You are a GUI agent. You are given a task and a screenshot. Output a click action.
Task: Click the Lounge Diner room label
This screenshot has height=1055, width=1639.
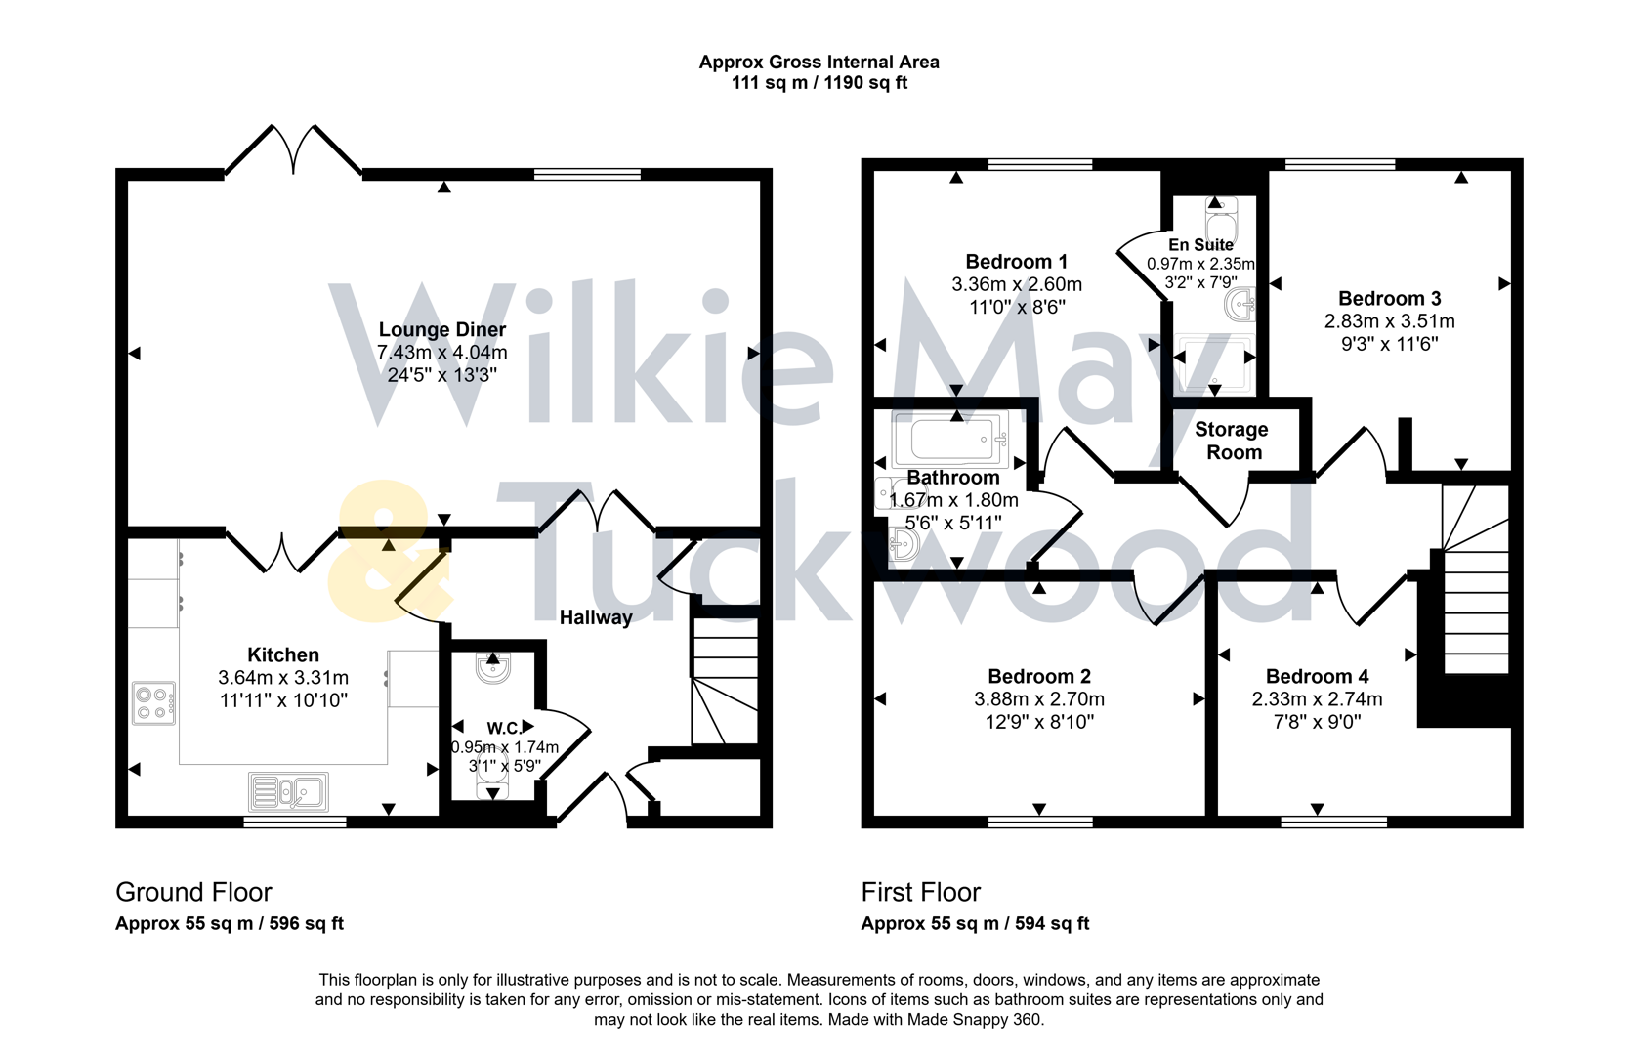442,330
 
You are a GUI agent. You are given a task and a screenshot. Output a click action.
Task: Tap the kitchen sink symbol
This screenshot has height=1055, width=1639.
289,791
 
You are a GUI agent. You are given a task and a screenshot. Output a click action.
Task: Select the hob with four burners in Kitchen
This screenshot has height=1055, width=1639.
154,702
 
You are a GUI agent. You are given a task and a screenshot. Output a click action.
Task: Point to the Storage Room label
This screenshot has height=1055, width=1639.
1232,441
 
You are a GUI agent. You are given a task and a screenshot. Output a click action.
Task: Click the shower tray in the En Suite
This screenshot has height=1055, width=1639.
1215,361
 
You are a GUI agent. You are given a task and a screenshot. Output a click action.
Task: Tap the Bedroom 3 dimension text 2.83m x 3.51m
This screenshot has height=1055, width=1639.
1389,321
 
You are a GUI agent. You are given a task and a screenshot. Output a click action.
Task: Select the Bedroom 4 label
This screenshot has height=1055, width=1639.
1317,676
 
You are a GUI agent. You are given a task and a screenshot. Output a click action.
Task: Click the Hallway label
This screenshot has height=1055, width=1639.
595,617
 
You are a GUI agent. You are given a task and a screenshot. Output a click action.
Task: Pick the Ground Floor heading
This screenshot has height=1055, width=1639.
193,892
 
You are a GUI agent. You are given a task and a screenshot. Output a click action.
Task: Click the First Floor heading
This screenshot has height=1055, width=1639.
920,892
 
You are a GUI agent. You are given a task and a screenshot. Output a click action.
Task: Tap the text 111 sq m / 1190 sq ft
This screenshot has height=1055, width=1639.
819,83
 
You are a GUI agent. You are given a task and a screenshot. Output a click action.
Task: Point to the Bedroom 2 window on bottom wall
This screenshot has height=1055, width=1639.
1039,822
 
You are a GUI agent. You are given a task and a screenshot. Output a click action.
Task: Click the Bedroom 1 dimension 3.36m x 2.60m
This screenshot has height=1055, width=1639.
1016,284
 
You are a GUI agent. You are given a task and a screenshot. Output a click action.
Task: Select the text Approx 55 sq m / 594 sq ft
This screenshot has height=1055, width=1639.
974,923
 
